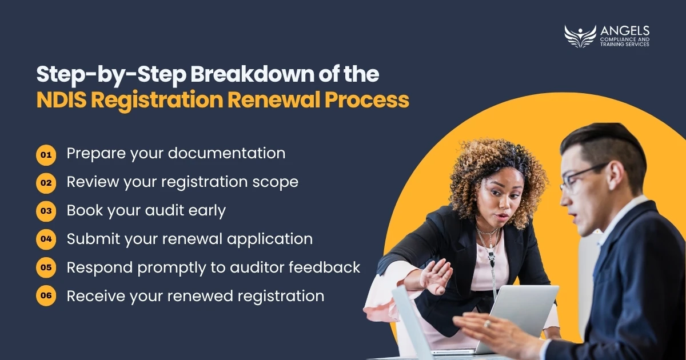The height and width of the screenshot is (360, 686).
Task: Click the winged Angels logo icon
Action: (580, 37)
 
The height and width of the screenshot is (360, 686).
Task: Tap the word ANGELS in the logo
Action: (625, 31)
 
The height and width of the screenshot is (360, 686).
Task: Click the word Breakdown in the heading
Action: (253, 74)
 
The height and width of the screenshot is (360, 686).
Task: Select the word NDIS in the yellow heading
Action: (61, 100)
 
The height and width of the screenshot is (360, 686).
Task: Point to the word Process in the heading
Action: (367, 100)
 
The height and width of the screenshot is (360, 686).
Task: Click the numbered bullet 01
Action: (46, 155)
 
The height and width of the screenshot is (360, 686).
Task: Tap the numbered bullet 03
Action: (46, 211)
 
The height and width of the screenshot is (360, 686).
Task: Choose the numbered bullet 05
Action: (46, 267)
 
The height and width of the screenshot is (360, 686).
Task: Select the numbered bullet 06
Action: (46, 296)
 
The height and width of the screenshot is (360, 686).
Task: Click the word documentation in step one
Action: (226, 153)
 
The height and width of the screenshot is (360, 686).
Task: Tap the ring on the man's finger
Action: (487, 324)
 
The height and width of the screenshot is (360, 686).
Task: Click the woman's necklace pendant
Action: (492, 259)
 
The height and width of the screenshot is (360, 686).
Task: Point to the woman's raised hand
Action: (436, 277)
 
